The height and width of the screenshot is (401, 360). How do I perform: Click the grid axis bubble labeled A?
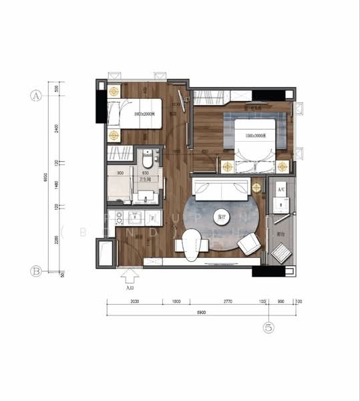(37, 95)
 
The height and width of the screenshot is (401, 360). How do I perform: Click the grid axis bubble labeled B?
(37, 271)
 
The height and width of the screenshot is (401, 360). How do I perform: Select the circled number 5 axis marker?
(268, 327)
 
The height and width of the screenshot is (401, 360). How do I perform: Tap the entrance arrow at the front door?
(130, 275)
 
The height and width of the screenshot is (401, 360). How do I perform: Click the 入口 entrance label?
(130, 288)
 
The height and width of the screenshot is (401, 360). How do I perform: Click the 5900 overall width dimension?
(201, 313)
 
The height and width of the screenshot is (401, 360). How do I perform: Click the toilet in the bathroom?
(148, 160)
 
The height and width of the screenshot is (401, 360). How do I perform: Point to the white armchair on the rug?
(248, 244)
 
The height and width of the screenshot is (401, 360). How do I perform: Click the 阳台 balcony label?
(281, 235)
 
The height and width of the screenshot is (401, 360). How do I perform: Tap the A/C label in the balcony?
(281, 190)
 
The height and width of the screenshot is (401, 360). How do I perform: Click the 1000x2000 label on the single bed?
(144, 114)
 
